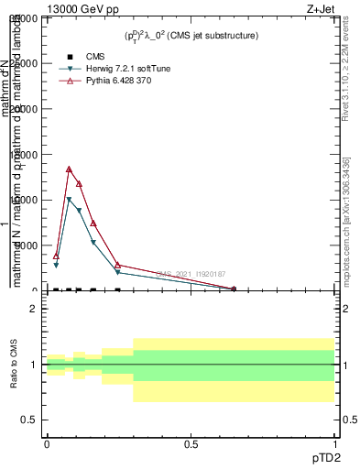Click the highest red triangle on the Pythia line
coord(69,169)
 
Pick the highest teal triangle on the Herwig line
coord(69,200)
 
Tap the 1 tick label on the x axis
coord(335,444)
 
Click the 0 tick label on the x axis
coord(47,444)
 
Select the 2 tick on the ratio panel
coord(35,309)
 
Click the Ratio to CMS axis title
coord(14,365)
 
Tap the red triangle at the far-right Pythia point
coord(234,289)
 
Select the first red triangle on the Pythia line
coord(56,256)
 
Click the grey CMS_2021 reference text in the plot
coord(191,273)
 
